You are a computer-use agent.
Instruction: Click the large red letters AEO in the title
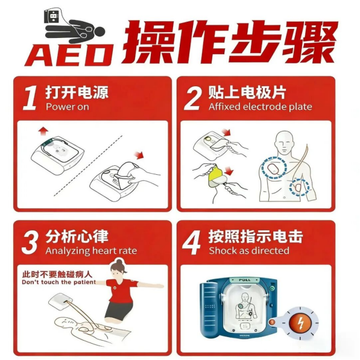pos(71,55)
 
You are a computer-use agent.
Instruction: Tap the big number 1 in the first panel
pos(30,99)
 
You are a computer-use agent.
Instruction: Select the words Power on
pos(68,107)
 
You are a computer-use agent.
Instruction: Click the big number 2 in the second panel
pos(193,99)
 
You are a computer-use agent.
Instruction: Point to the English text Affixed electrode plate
pos(261,107)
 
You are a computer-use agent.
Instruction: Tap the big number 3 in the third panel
pos(30,242)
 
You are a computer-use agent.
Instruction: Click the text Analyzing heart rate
pos(91,251)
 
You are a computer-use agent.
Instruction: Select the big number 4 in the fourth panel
pos(192,242)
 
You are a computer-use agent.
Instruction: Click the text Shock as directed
pos(249,250)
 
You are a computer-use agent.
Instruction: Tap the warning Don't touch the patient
pos(58,282)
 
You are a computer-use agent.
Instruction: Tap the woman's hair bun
pos(119,262)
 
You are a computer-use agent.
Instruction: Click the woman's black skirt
pos(119,312)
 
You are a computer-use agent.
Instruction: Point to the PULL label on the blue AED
pos(245,280)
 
